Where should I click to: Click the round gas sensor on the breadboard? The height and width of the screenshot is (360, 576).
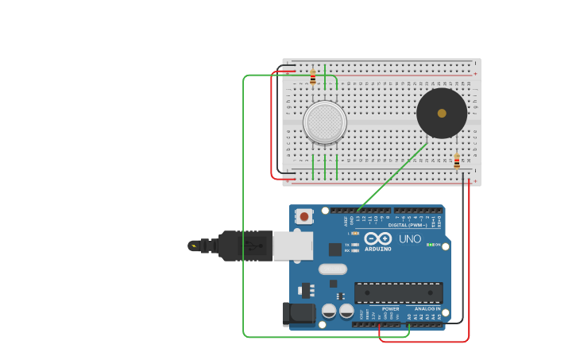[x=324, y=122]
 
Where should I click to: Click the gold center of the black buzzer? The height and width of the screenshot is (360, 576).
[x=442, y=113]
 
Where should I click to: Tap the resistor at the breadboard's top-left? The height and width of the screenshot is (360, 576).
[x=312, y=77]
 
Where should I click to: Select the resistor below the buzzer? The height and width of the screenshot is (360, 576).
[x=456, y=161]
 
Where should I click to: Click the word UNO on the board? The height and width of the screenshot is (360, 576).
[x=410, y=238]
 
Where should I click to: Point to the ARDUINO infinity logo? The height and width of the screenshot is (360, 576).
[x=378, y=238]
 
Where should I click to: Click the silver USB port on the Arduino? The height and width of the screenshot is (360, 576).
[x=292, y=246]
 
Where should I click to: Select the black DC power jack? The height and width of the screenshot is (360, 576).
[x=299, y=313]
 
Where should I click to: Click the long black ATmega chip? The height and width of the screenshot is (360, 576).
[x=398, y=292]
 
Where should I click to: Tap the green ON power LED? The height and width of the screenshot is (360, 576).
[x=430, y=245]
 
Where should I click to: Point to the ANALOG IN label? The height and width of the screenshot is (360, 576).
[x=427, y=308]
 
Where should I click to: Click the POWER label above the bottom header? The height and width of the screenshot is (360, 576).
[x=390, y=308]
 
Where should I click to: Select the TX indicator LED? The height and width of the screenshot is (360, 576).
[x=354, y=245]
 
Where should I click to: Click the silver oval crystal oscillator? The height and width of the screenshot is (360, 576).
[x=333, y=269]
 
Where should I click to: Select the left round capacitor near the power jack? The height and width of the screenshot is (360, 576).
[x=329, y=311]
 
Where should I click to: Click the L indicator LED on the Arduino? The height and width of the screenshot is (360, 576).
[x=354, y=233]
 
